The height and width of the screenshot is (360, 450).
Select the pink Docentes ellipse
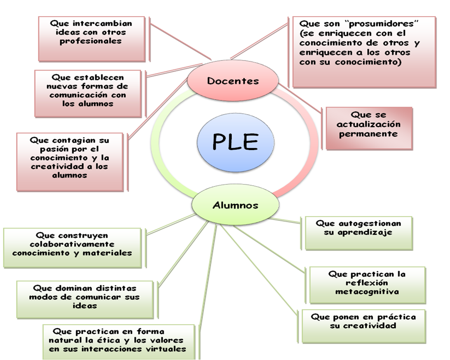pos(233,81)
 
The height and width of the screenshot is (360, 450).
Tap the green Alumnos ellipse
pos(235,205)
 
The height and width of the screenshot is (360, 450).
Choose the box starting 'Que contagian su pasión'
pos(70,161)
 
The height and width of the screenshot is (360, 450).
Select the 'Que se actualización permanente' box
pos(369,128)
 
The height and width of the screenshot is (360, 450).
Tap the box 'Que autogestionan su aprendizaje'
pos(358,233)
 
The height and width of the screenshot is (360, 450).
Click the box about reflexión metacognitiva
pos(367,285)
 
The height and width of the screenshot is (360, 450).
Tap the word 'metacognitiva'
pos(367,292)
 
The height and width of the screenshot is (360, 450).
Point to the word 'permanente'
pos(368,134)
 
